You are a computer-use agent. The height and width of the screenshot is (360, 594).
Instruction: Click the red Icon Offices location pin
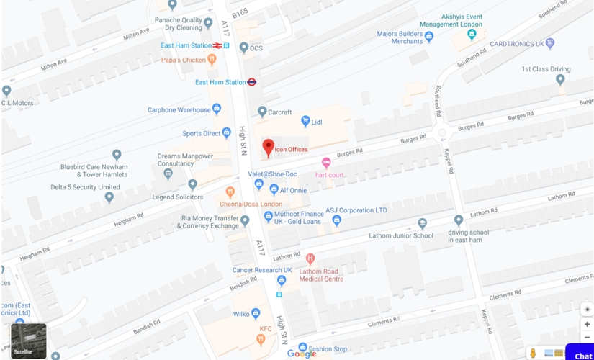pyautogui.click(x=268, y=148)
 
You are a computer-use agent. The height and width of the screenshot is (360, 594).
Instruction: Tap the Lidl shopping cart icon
pyautogui.click(x=305, y=122)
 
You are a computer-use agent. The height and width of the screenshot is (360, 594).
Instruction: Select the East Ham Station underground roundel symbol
pyautogui.click(x=252, y=82)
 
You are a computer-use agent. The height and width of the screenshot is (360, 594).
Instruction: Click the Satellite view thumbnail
pyautogui.click(x=29, y=341)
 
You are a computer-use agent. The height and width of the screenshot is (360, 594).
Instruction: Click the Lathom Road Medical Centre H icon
pyautogui.click(x=310, y=258)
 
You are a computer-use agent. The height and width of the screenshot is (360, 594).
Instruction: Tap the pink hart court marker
pyautogui.click(x=326, y=163)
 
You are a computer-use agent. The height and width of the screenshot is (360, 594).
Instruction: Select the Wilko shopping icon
pyautogui.click(x=256, y=314)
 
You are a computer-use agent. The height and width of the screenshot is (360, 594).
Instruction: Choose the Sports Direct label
pyautogui.click(x=201, y=133)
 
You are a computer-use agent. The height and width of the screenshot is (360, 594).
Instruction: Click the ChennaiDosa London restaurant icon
pyautogui.click(x=230, y=192)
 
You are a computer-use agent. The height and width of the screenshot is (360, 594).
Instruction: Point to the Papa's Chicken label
pyautogui.click(x=183, y=60)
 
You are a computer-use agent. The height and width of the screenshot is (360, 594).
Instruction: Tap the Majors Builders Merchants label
pyautogui.click(x=400, y=37)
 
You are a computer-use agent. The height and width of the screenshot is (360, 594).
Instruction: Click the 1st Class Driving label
pyautogui.click(x=546, y=69)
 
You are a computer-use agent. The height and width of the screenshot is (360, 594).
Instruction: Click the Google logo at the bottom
pyautogui.click(x=302, y=353)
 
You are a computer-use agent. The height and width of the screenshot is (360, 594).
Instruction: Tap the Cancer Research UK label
pyautogui.click(x=262, y=270)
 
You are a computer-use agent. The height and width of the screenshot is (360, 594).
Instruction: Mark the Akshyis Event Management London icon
pyautogui.click(x=472, y=33)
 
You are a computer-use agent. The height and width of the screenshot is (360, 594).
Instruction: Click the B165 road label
pyautogui.click(x=239, y=13)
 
